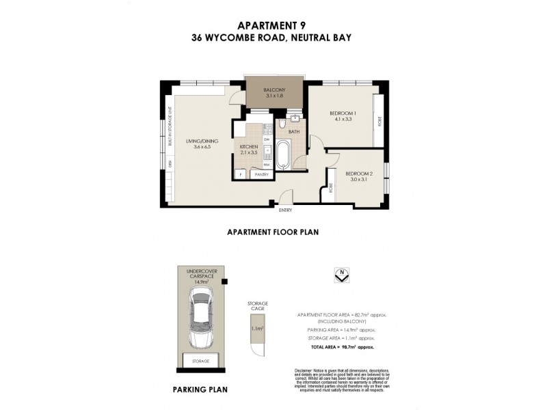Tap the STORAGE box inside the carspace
tap(201, 361)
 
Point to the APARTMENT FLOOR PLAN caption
tap(273, 232)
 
